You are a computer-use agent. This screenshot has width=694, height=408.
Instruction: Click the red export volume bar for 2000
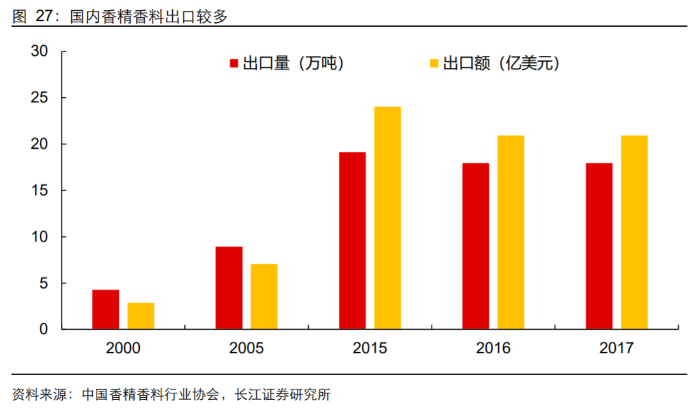(105, 309)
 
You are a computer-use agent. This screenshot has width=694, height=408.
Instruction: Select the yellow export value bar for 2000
(140, 316)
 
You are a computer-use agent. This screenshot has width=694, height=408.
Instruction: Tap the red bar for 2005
(229, 288)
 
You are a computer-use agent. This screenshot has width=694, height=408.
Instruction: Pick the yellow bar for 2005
(264, 296)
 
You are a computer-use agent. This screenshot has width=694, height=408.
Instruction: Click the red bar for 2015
(352, 240)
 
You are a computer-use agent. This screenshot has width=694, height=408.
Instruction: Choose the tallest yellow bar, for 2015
(387, 218)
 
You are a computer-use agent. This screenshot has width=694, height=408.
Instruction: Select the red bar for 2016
(475, 246)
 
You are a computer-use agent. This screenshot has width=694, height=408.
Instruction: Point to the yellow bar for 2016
(510, 232)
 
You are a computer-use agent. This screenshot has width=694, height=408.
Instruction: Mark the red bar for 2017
(599, 246)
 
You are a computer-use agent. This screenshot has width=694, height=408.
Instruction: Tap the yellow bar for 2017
(634, 232)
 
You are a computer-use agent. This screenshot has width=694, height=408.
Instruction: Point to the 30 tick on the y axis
(39, 52)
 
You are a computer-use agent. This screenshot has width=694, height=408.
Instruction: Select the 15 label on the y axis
(39, 191)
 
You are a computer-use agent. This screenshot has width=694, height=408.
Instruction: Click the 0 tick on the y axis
(43, 329)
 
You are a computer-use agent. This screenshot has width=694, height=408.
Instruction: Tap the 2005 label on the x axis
(246, 348)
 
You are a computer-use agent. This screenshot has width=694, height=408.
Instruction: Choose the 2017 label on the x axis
(616, 348)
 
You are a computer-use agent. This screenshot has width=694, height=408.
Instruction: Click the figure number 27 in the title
(43, 16)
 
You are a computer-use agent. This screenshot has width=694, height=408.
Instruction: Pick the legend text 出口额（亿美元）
(501, 64)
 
